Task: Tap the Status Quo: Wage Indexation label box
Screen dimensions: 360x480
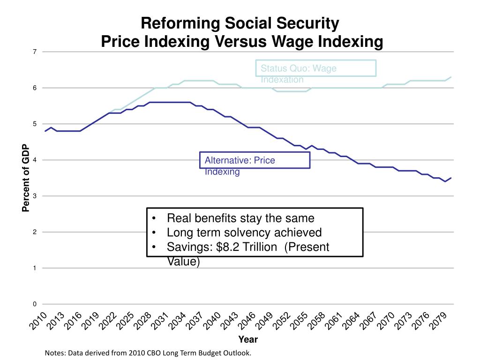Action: (316, 68)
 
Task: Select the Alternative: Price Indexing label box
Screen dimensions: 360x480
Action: (255, 160)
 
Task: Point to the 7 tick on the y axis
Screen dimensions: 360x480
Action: (35, 52)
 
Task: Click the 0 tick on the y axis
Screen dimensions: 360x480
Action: (35, 304)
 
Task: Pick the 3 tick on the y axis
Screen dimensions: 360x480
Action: (35, 196)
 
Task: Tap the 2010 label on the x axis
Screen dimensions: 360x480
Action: (39, 321)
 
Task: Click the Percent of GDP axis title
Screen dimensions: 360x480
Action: (26, 178)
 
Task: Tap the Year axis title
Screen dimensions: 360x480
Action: (248, 339)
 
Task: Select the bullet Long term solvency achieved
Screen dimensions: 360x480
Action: (244, 232)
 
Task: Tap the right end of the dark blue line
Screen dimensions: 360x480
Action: (451, 178)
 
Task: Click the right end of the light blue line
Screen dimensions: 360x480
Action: (451, 77)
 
